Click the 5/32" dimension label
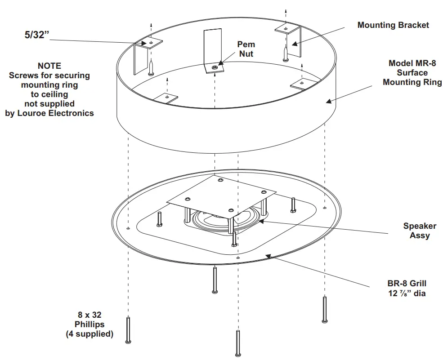click(36, 35)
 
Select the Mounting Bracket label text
click(393, 25)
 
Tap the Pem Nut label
click(246, 49)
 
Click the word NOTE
click(49, 66)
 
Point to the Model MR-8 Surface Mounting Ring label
click(412, 73)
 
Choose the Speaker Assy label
click(416, 231)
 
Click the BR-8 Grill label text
click(407, 284)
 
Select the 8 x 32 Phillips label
click(89, 324)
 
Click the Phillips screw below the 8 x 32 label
click(129, 330)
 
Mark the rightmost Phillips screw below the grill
click(324, 309)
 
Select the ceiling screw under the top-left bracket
click(152, 67)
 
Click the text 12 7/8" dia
click(407, 293)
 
